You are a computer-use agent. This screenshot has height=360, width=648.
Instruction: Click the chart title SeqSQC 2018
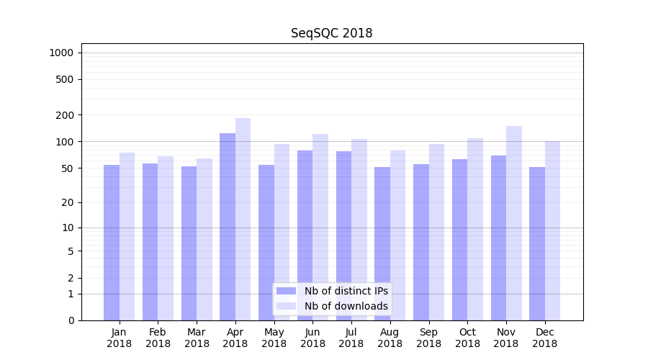[x=331, y=33]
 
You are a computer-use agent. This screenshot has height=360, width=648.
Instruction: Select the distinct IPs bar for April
[x=228, y=227]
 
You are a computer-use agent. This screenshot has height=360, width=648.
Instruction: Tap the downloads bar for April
[x=243, y=220]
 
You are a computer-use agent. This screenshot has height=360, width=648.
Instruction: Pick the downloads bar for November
[x=514, y=223]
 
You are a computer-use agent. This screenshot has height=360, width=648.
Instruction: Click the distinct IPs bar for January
[x=112, y=243]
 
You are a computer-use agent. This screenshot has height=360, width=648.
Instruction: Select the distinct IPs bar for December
[x=537, y=243]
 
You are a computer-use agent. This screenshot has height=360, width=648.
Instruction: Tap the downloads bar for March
[x=204, y=239]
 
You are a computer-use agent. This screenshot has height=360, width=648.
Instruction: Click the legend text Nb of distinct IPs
[x=346, y=291]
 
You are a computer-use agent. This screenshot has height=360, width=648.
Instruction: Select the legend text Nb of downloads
[x=346, y=306]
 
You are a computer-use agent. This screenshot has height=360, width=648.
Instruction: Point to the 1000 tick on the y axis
[x=61, y=53]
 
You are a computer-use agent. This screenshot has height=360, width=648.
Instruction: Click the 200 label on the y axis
[x=65, y=115]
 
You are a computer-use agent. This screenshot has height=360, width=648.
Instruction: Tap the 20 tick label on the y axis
[x=68, y=202]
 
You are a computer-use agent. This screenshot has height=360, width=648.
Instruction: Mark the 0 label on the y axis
[x=71, y=320]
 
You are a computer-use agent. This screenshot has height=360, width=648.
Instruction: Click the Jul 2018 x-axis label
[x=351, y=338]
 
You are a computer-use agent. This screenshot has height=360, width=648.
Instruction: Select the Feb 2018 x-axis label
[x=158, y=338]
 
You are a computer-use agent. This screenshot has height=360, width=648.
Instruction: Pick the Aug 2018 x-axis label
[x=390, y=338]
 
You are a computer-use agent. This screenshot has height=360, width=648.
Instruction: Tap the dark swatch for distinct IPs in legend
[x=287, y=291]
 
